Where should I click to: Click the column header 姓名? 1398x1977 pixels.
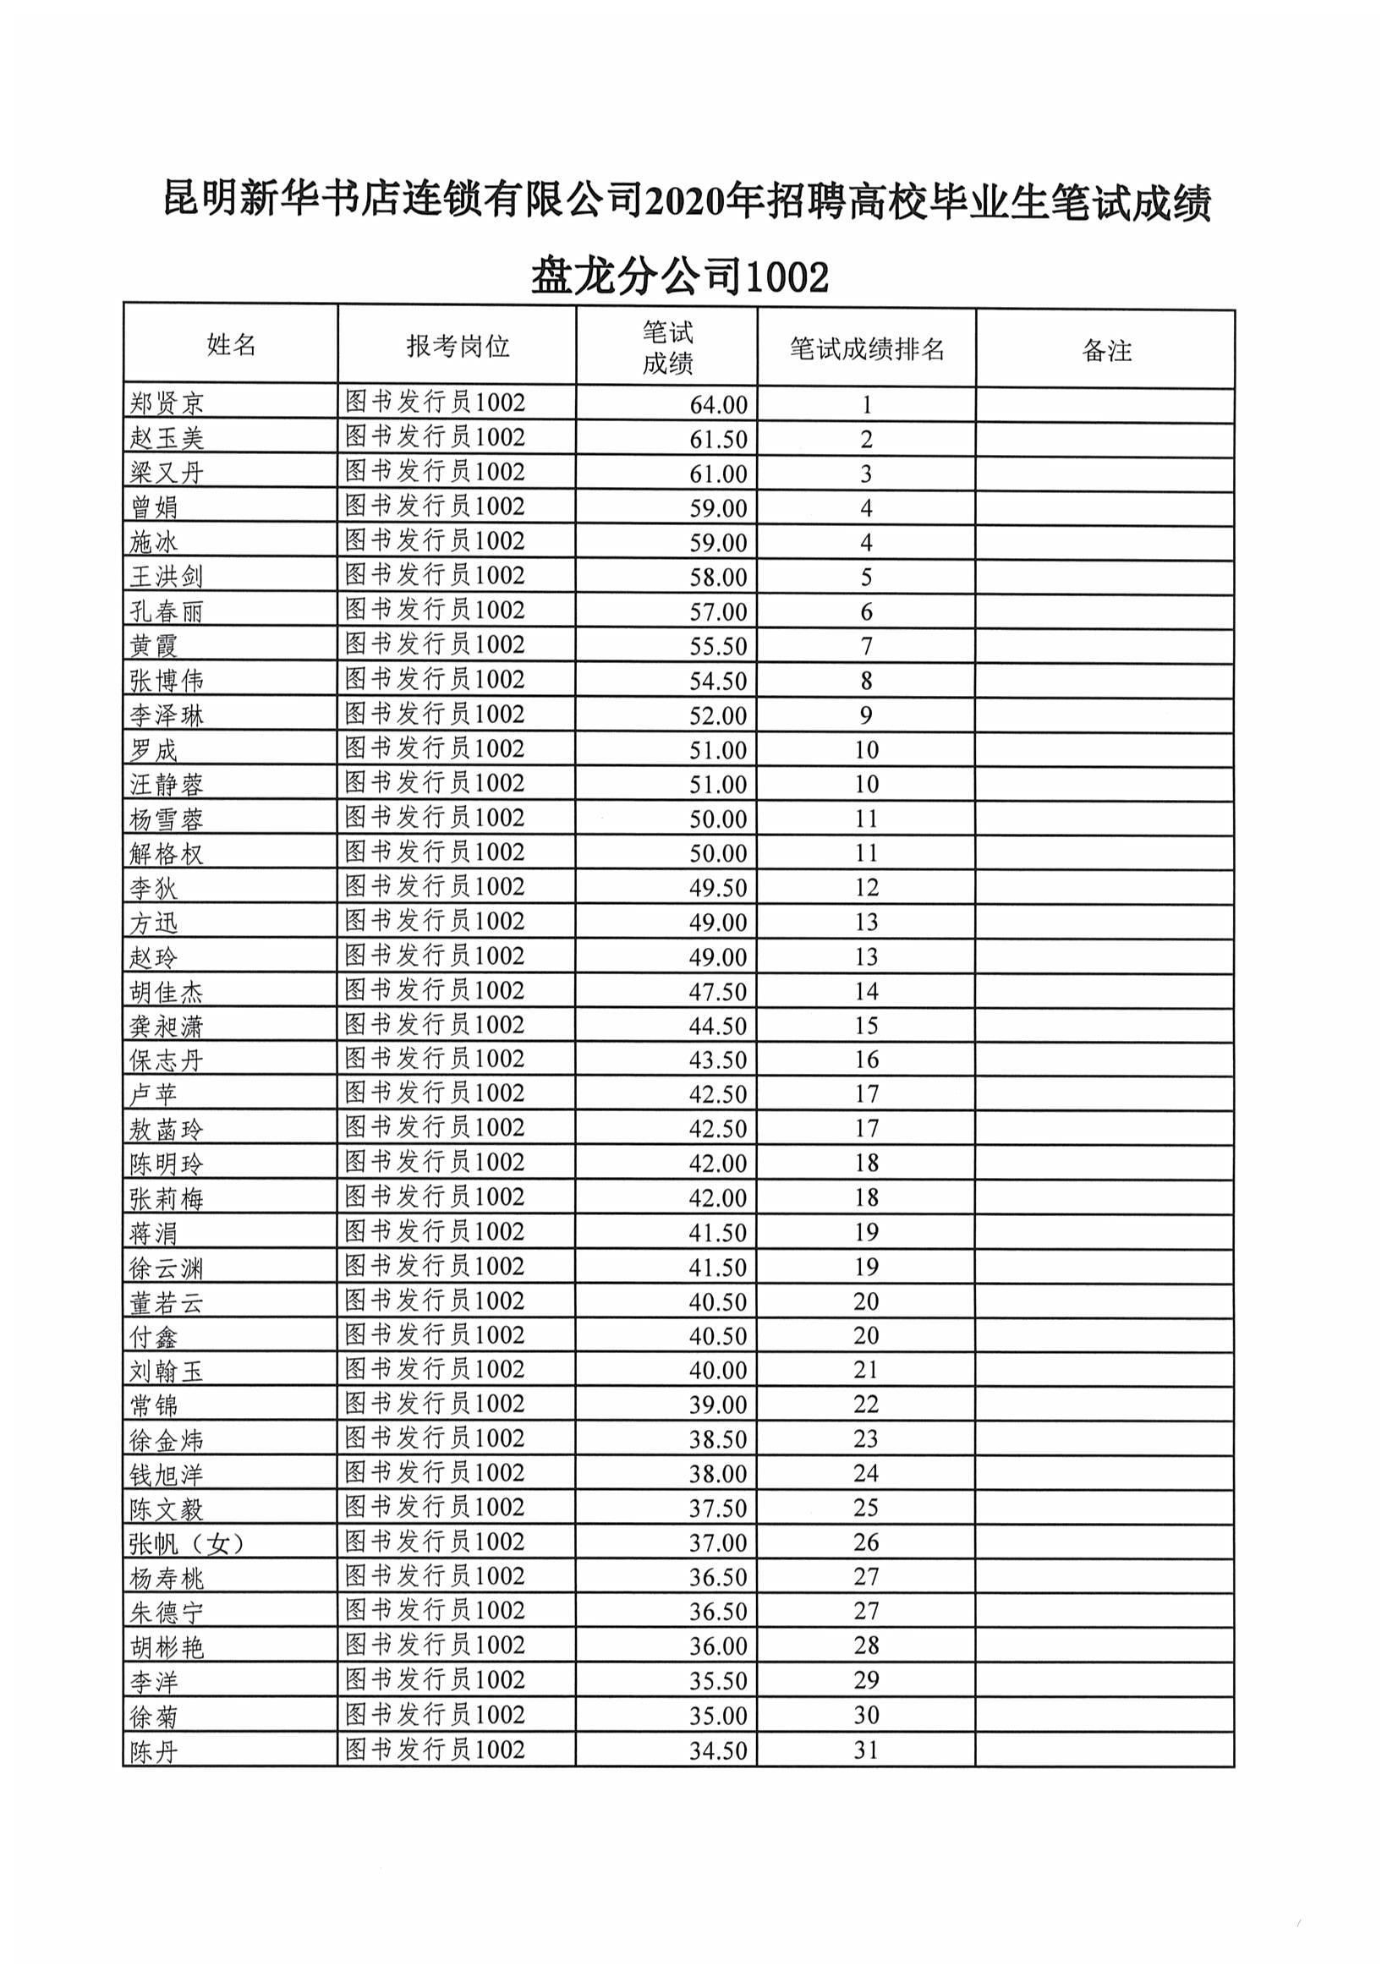tap(231, 345)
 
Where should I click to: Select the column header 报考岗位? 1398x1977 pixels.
tap(458, 346)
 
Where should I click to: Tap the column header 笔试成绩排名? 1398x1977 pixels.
tap(867, 348)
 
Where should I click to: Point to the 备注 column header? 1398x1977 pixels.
tap(1106, 350)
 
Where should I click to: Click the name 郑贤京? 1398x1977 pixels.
tap(167, 403)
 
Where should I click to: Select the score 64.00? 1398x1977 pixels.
tap(717, 405)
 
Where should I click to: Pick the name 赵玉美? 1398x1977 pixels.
tap(167, 438)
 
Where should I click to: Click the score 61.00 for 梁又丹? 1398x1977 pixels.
tap(717, 474)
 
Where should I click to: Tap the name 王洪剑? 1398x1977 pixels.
tap(167, 576)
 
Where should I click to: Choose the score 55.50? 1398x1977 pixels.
tap(717, 646)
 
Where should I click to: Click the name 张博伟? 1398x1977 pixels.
tap(167, 680)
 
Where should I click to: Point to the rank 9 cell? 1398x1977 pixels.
tap(866, 715)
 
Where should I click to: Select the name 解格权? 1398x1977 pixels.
tap(167, 853)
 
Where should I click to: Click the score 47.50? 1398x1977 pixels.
tap(717, 991)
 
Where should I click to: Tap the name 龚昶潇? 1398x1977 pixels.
tap(167, 1026)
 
